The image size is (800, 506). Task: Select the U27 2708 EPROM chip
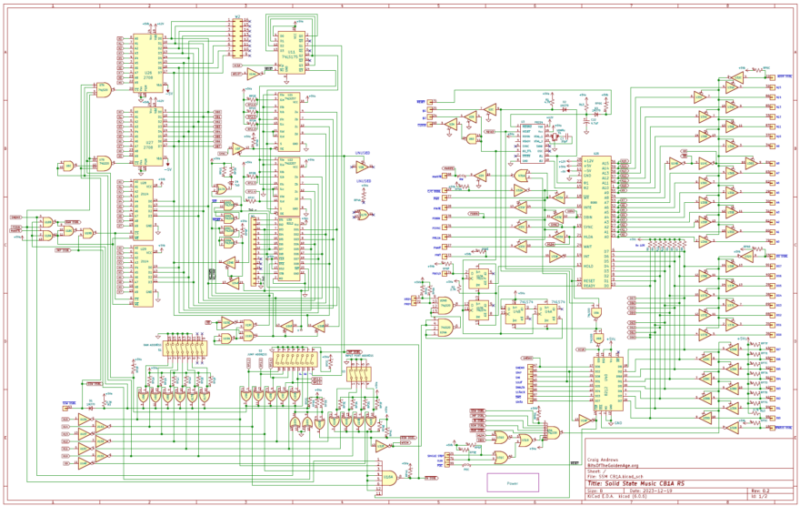(148, 137)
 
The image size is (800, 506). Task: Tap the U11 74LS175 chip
(291, 52)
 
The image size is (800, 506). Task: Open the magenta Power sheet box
(513, 483)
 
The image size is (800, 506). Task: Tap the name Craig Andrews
(605, 459)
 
